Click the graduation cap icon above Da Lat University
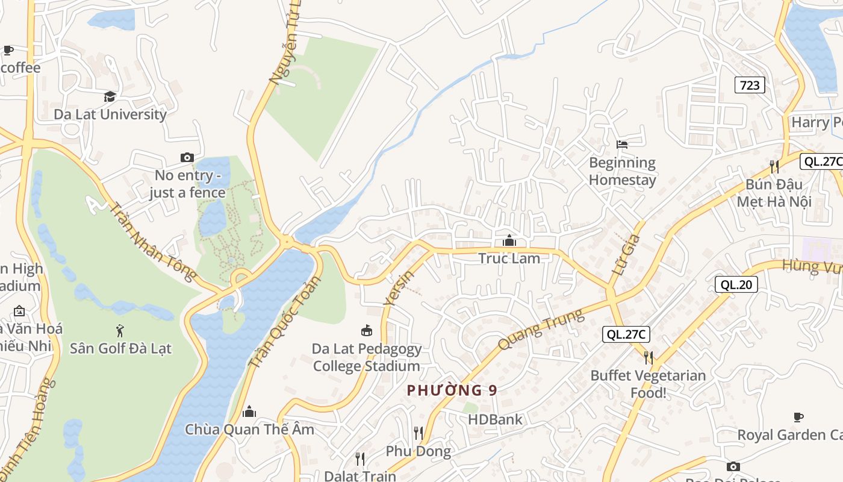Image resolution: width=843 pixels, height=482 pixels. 110,96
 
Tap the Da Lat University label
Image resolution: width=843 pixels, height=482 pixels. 110,114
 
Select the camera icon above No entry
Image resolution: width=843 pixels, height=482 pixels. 187,157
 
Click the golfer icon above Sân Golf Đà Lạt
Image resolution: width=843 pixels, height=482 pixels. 120,330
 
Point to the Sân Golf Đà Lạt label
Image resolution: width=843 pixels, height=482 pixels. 120,348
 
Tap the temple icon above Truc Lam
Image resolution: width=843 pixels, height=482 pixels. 509,241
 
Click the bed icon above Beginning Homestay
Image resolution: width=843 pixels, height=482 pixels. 622,145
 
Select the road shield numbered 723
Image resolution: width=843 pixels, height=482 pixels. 750,86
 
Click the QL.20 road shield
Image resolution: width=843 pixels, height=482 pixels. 736,284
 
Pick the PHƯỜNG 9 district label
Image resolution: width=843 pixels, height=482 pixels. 452,390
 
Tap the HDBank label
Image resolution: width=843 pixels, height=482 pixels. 495,419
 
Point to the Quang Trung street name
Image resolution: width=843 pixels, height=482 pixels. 541,330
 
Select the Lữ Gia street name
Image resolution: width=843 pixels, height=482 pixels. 626,255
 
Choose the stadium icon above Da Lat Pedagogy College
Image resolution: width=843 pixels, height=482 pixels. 366,330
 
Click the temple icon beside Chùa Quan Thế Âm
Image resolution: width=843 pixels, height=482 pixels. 249,412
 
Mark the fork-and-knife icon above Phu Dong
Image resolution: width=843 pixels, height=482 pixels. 418,433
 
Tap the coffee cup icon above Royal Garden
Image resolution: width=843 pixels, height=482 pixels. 798,417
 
